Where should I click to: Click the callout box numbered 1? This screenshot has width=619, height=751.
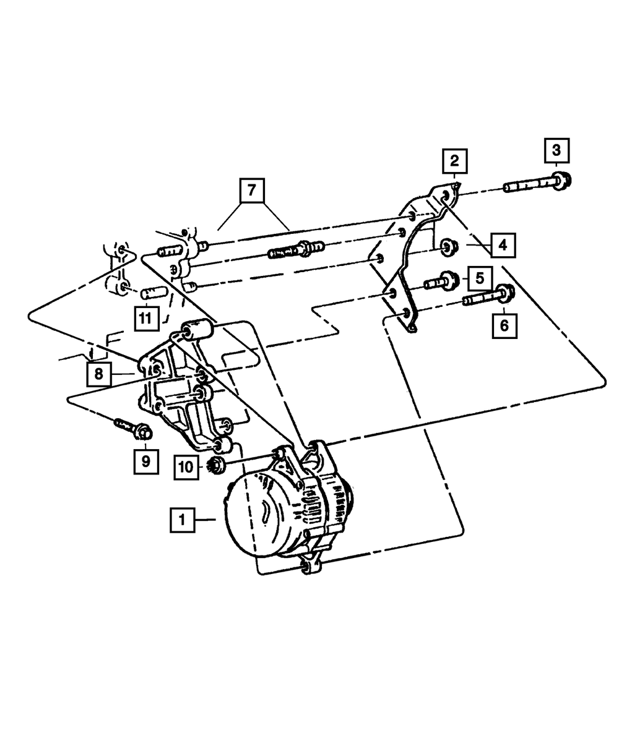coord(182,520)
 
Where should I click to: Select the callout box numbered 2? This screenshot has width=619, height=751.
coord(454,162)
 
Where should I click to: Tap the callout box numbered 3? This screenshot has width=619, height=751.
coord(556,150)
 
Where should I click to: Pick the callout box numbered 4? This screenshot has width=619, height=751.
coord(503,245)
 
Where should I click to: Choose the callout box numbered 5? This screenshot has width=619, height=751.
coord(479,278)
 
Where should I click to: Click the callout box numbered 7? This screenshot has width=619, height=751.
coord(252,191)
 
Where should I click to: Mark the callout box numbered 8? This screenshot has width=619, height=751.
coord(98,374)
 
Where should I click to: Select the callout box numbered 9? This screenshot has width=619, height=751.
coord(145,460)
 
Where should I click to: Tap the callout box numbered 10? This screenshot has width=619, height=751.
coord(185,467)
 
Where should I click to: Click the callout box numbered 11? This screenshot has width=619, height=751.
coord(145,319)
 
